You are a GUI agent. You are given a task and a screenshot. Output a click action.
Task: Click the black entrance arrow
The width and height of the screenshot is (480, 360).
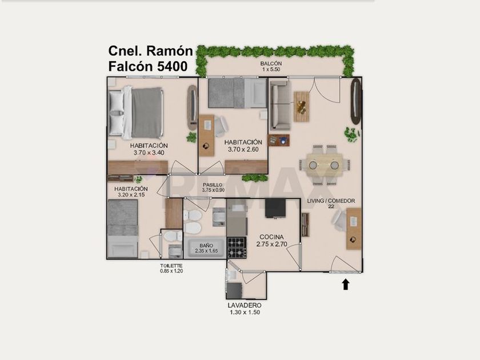coord(346,284)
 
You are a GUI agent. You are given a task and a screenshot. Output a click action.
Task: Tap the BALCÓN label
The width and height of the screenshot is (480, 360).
coord(271,63)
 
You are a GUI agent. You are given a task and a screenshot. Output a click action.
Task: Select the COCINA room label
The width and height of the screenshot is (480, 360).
coord(271,237)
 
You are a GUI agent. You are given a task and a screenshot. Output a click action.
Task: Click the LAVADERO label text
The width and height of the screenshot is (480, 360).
coord(245,305)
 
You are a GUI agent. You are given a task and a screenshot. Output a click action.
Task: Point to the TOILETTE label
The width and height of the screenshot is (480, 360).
coord(171,266)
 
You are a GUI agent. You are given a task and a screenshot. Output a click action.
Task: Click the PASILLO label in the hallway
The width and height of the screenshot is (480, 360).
coord(213,185)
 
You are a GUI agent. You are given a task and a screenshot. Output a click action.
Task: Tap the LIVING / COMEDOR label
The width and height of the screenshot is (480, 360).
coord(331,201)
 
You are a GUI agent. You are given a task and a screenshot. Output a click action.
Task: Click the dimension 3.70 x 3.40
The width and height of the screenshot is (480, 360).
coord(149,153)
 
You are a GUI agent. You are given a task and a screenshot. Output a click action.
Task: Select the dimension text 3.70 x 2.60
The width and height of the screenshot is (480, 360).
coord(243,149)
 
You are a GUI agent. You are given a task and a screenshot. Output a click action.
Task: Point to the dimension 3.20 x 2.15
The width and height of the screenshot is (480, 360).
coord(131,194)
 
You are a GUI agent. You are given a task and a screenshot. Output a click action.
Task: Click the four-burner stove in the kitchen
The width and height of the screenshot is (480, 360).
coord(237,247)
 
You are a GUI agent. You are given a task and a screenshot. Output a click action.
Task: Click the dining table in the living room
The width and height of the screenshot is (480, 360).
coord(325,165)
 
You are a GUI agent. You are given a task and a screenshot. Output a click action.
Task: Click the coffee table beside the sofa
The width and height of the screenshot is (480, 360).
coord(301,107)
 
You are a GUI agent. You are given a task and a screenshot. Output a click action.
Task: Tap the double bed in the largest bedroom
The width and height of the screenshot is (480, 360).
coord(135,113)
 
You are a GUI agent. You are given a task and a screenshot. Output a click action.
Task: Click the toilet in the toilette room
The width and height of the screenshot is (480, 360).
coord(173,236)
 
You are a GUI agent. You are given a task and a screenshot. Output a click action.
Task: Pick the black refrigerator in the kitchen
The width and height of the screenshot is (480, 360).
coord(275,208)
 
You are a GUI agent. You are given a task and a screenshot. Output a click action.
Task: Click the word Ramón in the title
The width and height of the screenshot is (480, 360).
coord(170,51)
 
